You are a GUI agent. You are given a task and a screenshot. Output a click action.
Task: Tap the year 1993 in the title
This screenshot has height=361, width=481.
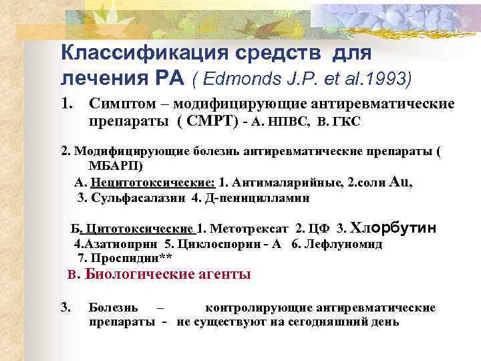pos(390,79)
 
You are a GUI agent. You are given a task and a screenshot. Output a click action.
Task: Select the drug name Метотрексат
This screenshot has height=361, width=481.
pos(248,229)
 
